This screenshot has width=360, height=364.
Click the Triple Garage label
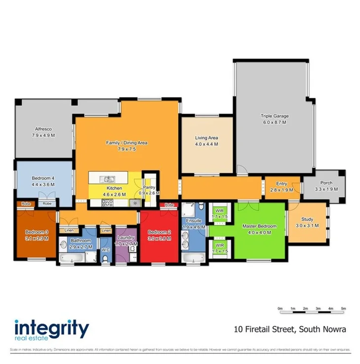pyautogui.click(x=275, y=117)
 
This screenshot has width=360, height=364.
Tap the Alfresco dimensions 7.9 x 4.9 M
pyautogui.click(x=43, y=135)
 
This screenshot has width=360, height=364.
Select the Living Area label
pyautogui.click(x=206, y=138)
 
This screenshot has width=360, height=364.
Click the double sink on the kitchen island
pyautogui.click(x=107, y=179)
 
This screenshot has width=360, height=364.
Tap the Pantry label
pyautogui.click(x=150, y=188)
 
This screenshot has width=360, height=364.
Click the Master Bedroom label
pyautogui.click(x=259, y=226)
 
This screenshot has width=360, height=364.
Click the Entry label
pyautogui.click(x=281, y=183)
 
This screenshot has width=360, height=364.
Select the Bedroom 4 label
pyautogui.click(x=43, y=178)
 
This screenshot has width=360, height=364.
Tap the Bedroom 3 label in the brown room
pyautogui.click(x=37, y=232)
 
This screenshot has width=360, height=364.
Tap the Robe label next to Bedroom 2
pyautogui.click(x=169, y=205)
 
